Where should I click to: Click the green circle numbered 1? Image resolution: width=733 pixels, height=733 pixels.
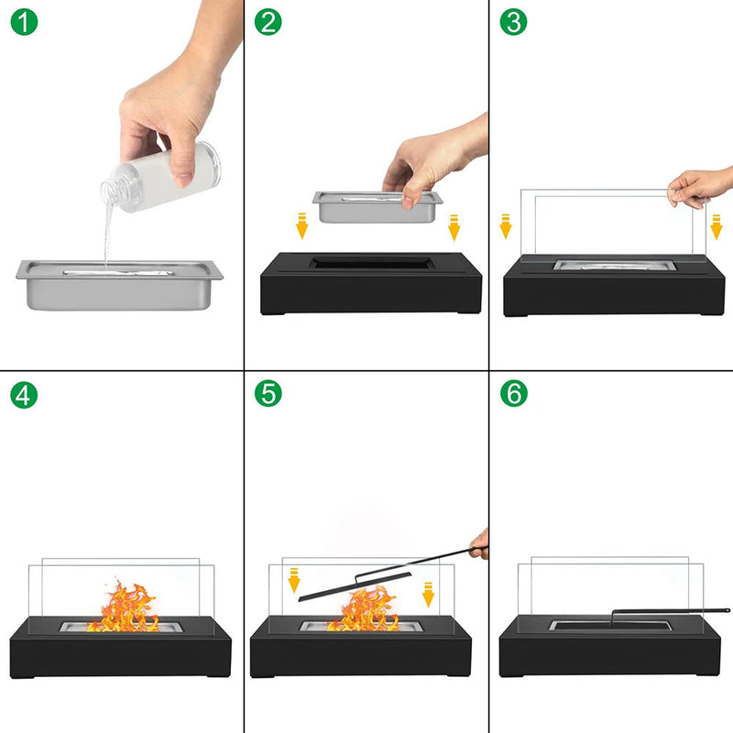(x=24, y=23)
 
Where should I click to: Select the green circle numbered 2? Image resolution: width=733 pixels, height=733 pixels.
(x=268, y=23)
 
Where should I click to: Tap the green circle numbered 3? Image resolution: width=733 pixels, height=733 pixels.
(x=514, y=23)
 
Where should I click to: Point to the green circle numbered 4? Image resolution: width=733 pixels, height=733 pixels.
(x=24, y=395)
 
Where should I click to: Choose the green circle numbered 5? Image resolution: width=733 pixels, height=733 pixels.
(x=268, y=395)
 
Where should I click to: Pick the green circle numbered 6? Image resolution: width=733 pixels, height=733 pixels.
(x=514, y=395)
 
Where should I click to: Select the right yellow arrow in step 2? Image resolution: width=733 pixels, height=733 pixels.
(x=453, y=226)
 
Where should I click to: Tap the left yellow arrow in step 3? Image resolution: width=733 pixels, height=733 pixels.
(x=505, y=225)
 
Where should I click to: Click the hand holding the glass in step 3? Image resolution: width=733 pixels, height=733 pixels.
(x=701, y=187)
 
